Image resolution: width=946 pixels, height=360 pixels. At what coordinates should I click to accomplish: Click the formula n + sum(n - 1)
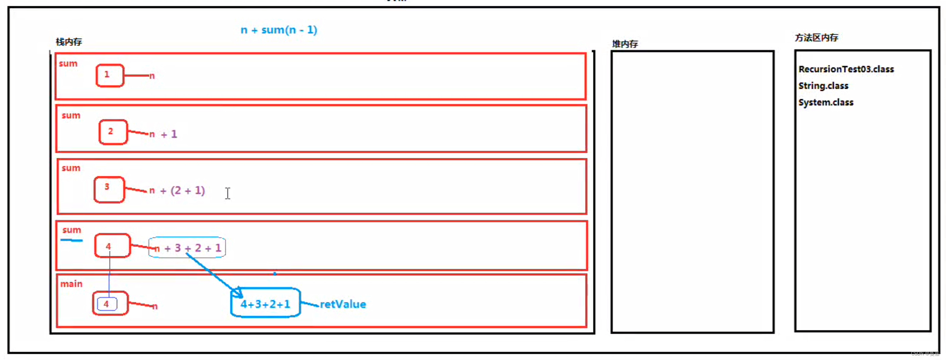(x=279, y=30)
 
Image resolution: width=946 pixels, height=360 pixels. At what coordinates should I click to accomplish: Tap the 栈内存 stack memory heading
(x=69, y=42)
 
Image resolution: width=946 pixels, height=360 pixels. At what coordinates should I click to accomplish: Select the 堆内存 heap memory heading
(x=625, y=44)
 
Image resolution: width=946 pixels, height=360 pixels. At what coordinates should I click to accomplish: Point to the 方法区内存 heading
(x=816, y=37)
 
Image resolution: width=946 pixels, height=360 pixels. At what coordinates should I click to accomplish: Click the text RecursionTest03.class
(x=846, y=69)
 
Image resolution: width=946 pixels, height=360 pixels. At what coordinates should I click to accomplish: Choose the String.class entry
(x=823, y=86)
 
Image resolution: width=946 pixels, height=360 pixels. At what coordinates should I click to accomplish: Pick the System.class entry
(x=826, y=102)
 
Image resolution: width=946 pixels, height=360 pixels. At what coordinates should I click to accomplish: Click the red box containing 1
(x=110, y=75)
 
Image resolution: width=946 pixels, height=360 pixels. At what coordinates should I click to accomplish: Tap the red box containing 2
(x=113, y=132)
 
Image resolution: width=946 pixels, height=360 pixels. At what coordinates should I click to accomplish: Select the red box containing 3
(x=109, y=190)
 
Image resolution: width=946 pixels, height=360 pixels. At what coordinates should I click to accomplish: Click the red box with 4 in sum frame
(x=112, y=246)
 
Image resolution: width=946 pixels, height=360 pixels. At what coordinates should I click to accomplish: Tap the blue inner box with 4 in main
(x=107, y=304)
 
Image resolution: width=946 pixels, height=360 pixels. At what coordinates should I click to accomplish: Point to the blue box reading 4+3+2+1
(x=265, y=303)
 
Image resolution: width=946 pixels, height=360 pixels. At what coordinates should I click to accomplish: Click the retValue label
(x=343, y=304)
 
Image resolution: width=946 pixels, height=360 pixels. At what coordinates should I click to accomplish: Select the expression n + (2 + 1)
(x=177, y=191)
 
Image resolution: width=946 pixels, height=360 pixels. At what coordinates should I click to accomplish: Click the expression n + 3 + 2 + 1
(x=188, y=248)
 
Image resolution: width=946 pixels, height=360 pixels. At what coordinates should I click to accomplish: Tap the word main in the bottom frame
(x=71, y=284)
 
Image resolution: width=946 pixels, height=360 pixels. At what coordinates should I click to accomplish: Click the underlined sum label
(x=72, y=230)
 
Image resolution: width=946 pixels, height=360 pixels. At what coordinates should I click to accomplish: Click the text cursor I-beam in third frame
(x=228, y=193)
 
